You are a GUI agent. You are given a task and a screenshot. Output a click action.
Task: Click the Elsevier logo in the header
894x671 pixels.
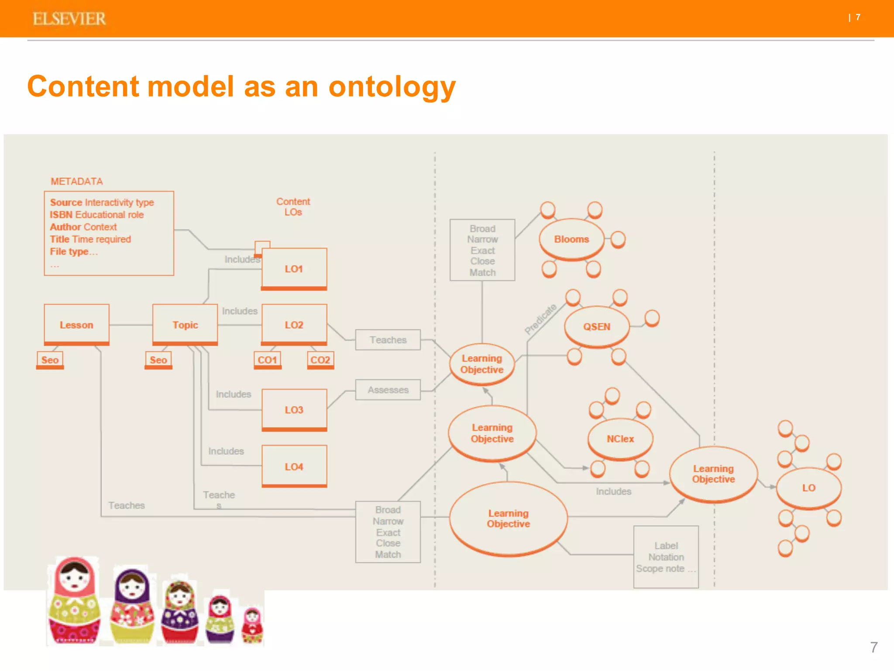pyautogui.click(x=69, y=19)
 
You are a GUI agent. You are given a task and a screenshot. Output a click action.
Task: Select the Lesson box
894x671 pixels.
pyautogui.click(x=76, y=325)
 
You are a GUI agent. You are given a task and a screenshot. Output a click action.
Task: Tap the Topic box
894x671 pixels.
pyautogui.click(x=185, y=325)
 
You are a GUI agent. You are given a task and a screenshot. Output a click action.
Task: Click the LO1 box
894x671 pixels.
pyautogui.click(x=294, y=269)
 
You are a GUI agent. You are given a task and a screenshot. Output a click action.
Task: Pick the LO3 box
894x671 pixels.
pyautogui.click(x=294, y=410)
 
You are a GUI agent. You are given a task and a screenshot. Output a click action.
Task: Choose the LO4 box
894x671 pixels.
pyautogui.click(x=294, y=467)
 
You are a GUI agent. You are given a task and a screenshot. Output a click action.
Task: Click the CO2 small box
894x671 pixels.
pyautogui.click(x=320, y=360)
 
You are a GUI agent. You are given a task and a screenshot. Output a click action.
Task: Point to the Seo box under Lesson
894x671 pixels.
pyautogui.click(x=50, y=360)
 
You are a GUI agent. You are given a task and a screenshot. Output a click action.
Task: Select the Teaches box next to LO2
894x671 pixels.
pyautogui.click(x=388, y=340)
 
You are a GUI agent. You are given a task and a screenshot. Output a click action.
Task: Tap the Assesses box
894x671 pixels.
pyautogui.click(x=388, y=390)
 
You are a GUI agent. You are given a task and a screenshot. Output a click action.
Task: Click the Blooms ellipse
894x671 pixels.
pyautogui.click(x=571, y=239)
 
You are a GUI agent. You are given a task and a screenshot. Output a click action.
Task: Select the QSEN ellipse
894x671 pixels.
pyautogui.click(x=597, y=327)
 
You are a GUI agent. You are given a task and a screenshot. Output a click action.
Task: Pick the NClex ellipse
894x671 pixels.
pyautogui.click(x=620, y=439)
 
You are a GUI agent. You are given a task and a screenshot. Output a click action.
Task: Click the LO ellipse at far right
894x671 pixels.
pyautogui.click(x=808, y=488)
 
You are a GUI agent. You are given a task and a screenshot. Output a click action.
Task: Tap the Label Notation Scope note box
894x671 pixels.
pyautogui.click(x=666, y=557)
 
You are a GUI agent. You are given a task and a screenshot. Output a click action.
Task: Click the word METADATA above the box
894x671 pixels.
pyautogui.click(x=77, y=181)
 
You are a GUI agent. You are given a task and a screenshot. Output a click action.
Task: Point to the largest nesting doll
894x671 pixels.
pyautogui.click(x=74, y=601)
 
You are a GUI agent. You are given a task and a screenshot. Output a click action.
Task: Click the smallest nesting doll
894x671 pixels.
pyautogui.click(x=252, y=626)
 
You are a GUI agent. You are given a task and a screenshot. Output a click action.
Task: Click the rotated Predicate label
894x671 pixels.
pyautogui.click(x=540, y=319)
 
